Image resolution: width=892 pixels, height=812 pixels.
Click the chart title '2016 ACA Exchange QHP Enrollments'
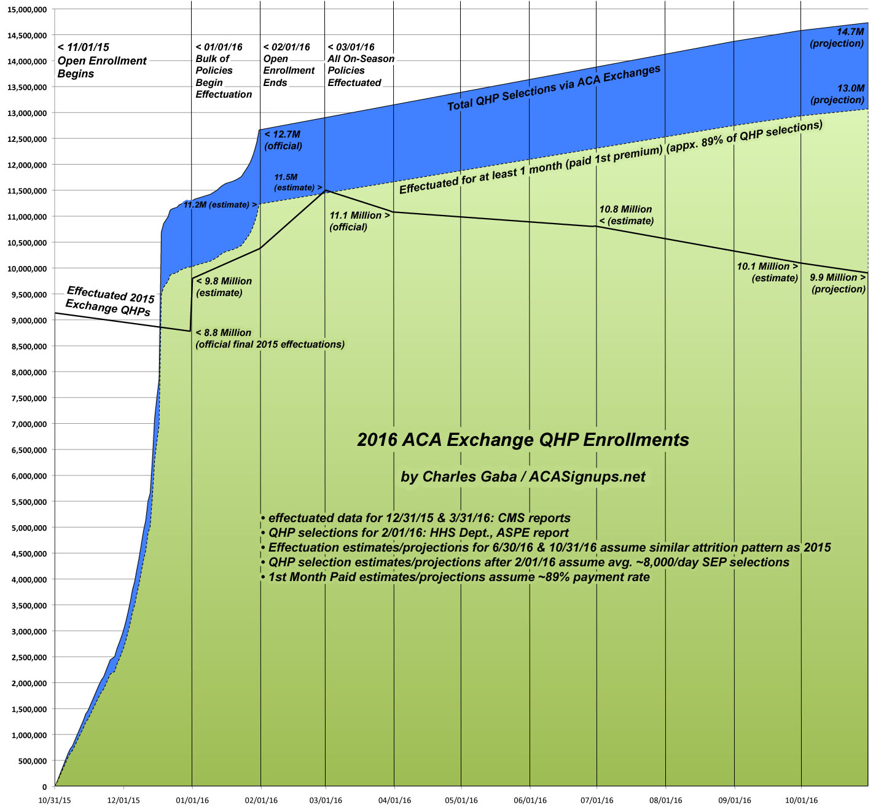(523, 440)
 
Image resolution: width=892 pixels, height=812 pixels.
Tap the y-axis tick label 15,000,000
(27, 10)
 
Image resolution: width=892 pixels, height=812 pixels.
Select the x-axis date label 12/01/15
(123, 800)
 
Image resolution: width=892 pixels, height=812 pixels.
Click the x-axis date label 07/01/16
(597, 800)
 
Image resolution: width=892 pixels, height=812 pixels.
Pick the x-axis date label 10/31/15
(55, 800)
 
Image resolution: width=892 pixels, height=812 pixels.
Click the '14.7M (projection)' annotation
(837, 37)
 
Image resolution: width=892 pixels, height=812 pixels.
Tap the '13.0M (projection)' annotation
(837, 94)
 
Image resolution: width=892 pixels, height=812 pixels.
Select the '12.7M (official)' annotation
(283, 140)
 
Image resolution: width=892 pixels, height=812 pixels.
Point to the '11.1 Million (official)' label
(359, 221)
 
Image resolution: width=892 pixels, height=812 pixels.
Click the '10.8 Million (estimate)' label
(626, 215)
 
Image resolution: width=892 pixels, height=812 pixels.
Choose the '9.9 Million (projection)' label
(838, 283)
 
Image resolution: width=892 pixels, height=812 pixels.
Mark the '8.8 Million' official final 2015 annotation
(270, 338)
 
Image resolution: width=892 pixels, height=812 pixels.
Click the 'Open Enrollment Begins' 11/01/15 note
(101, 61)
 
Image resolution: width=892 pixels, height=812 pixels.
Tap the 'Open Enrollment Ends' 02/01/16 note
(289, 64)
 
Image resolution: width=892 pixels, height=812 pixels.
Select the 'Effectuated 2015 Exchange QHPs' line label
(109, 301)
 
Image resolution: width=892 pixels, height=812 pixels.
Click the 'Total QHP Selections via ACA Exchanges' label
(554, 88)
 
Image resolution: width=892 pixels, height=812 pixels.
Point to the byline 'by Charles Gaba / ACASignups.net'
(523, 477)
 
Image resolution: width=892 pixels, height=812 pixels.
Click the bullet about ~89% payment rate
(455, 577)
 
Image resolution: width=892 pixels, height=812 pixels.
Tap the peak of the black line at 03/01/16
(326, 190)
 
